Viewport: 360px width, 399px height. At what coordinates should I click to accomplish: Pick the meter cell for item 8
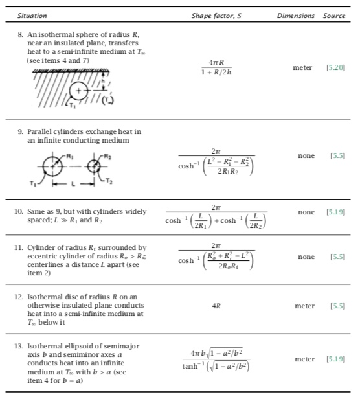coord(302,67)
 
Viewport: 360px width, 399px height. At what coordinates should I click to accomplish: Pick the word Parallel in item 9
coord(38,131)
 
